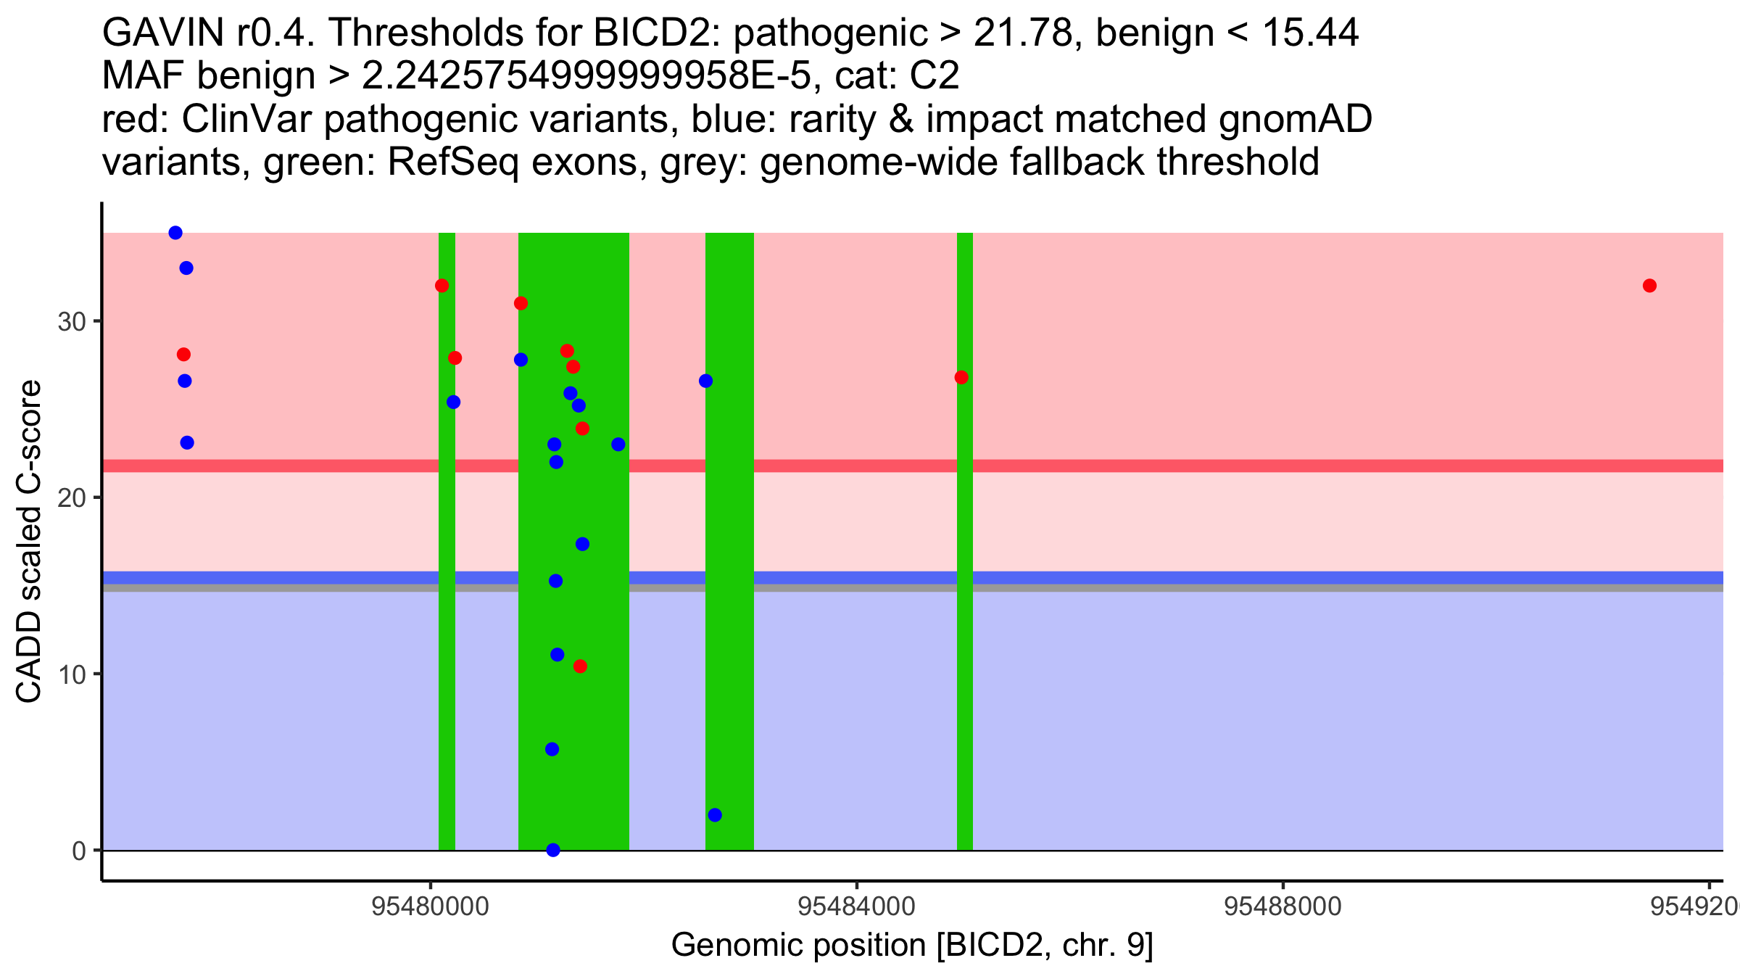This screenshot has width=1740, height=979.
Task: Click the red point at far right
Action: [x=1649, y=286]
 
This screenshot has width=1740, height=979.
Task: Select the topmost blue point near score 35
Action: [x=175, y=233]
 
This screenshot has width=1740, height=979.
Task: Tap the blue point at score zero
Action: [x=553, y=850]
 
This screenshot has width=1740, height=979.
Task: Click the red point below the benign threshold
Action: [x=580, y=666]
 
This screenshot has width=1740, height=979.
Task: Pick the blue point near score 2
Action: [x=715, y=815]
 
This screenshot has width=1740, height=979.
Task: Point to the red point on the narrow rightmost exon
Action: [x=961, y=377]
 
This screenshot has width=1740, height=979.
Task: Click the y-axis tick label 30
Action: [x=72, y=321]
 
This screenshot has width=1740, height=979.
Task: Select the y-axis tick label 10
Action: [x=72, y=674]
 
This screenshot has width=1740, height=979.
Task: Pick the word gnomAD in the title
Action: [x=1295, y=119]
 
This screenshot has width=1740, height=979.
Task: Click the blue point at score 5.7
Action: [x=552, y=749]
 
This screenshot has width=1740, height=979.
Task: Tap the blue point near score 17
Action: [x=582, y=544]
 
